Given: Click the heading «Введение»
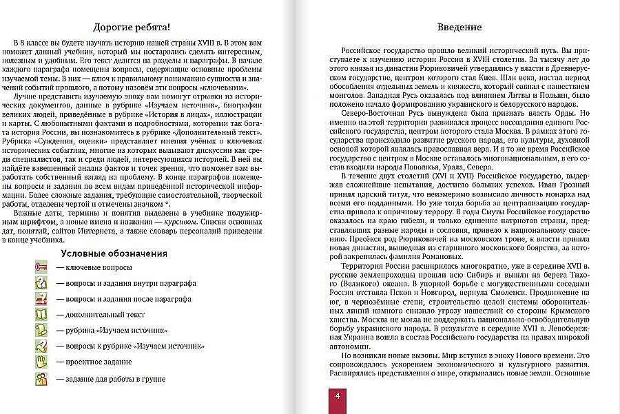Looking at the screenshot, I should (459, 28).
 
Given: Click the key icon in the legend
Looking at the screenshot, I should (41, 266).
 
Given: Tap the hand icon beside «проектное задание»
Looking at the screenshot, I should (41, 360).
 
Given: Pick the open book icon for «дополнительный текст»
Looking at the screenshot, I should (41, 314).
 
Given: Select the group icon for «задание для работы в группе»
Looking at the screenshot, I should (41, 377).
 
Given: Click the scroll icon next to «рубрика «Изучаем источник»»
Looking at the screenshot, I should (41, 330).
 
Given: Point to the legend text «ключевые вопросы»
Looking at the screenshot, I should (94, 267).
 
